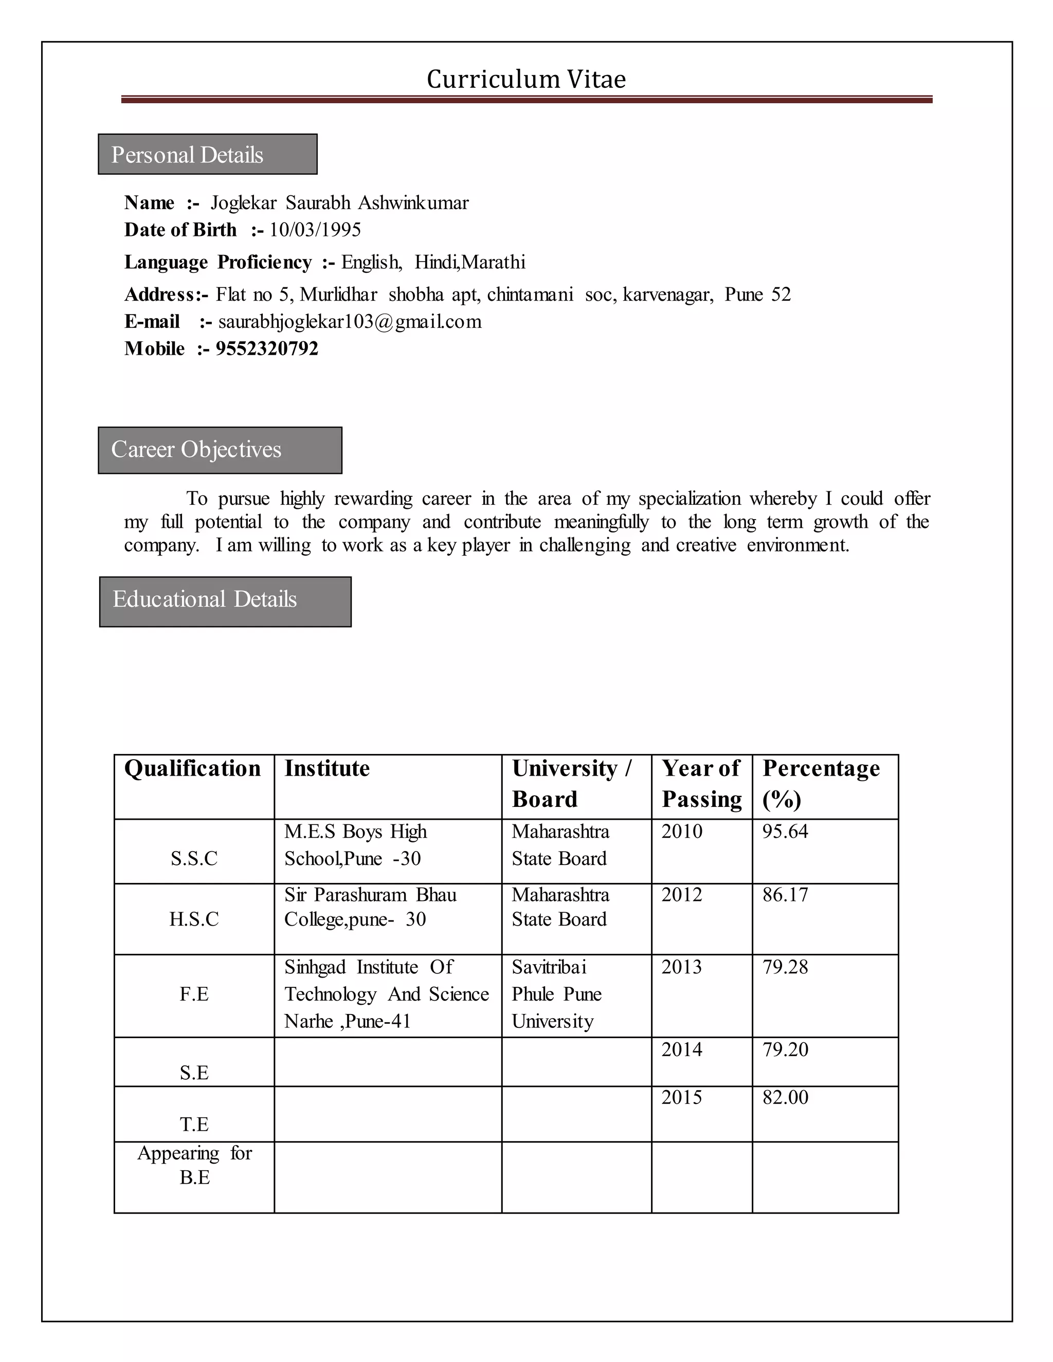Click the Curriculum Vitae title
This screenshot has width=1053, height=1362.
click(526, 79)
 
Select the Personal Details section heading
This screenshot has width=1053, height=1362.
click(207, 155)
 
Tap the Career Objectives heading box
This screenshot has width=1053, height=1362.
click(220, 450)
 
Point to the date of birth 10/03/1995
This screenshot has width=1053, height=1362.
click(315, 230)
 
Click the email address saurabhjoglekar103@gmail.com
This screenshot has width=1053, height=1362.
click(350, 322)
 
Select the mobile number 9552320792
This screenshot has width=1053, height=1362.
click(267, 348)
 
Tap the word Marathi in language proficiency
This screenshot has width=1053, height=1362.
click(494, 263)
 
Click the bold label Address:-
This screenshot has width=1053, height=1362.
click(166, 295)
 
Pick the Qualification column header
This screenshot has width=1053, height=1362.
click(192, 768)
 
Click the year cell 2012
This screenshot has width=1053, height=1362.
click(682, 895)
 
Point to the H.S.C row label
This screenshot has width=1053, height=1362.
click(194, 919)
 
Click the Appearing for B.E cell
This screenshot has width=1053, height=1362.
click(194, 1165)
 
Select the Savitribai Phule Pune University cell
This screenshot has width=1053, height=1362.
click(556, 994)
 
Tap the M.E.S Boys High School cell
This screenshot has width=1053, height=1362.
click(356, 845)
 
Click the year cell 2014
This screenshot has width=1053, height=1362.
click(682, 1050)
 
